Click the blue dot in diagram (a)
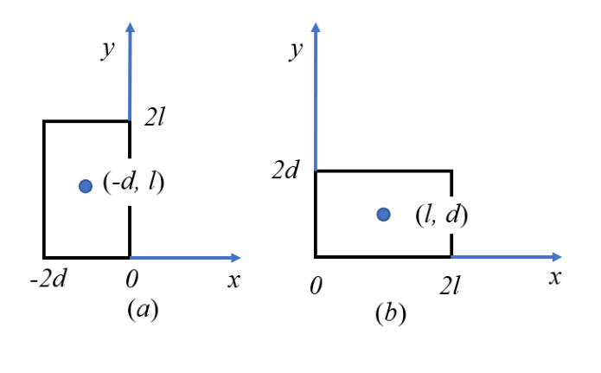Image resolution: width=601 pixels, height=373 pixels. coord(86,186)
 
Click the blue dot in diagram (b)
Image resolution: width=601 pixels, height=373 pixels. coord(384,215)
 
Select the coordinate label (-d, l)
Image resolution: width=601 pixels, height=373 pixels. coord(133,182)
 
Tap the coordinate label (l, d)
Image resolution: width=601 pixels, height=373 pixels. coord(442,215)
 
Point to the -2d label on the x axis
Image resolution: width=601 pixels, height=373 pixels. coord(48,278)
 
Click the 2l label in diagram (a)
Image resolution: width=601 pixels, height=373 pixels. coord(155,117)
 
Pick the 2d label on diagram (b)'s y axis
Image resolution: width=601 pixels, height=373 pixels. coord(285,170)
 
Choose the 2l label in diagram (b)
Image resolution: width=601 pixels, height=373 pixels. coord(450,286)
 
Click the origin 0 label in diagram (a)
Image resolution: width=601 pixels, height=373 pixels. coord(131,279)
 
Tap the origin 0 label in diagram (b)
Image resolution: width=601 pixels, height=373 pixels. coord(316,286)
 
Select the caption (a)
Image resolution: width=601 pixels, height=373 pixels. coord(143,309)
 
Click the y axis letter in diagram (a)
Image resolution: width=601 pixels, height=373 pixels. coord(108,50)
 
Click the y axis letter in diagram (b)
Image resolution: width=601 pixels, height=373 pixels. coord(296,51)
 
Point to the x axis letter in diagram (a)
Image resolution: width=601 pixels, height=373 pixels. coord(233,280)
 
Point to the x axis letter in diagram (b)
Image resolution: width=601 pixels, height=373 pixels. coord(555,278)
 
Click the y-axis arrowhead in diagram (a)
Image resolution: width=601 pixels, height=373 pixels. coord(131,27)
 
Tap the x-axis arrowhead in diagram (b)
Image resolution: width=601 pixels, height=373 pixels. coord(557,257)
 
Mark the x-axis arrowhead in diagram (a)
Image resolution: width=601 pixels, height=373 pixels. coord(236,258)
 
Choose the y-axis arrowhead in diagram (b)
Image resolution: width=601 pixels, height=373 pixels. coord(316,27)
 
